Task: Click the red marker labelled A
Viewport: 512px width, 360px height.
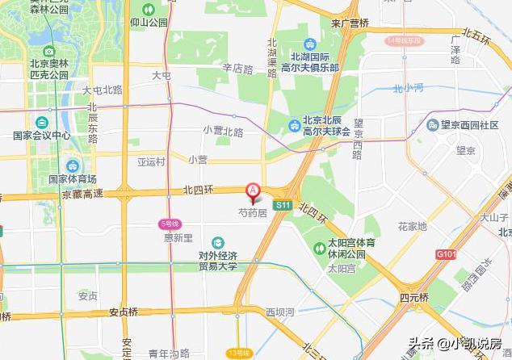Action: click(x=253, y=192)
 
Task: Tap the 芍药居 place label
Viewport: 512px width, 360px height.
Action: click(x=252, y=213)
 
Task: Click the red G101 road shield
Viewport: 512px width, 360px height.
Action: click(x=447, y=253)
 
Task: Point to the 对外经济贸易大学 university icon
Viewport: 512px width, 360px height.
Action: click(x=218, y=243)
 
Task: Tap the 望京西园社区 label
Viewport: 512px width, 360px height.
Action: click(x=469, y=125)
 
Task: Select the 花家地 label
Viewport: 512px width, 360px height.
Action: click(x=412, y=227)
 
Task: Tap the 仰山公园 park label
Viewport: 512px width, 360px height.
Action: click(x=148, y=23)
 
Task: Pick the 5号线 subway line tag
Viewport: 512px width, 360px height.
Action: click(x=169, y=223)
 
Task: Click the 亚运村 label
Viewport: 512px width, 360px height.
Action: click(x=150, y=161)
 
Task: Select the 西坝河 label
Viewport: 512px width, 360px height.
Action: click(x=281, y=311)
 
